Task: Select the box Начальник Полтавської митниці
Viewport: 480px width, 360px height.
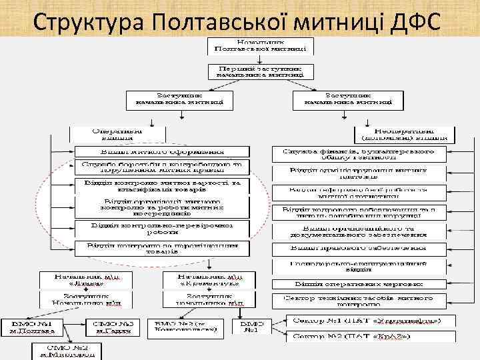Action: [260, 45]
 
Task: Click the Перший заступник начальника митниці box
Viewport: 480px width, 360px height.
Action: [260, 72]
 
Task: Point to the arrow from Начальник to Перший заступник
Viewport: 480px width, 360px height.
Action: [260, 59]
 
